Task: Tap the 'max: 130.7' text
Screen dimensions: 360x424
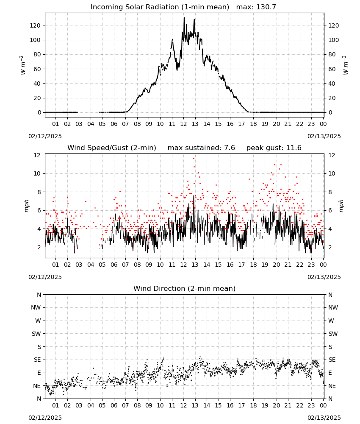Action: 256,7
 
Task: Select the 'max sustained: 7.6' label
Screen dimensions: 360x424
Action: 201,148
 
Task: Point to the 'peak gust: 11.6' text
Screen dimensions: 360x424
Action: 274,148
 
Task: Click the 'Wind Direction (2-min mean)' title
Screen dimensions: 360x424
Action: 185,288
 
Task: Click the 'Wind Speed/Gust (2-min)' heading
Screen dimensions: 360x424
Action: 111,148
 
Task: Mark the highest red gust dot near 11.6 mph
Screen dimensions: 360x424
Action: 194,159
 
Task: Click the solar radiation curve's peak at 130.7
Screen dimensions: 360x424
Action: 184,18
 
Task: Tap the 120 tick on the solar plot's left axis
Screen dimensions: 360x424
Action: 35,25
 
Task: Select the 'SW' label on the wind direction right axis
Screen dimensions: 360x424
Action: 333,334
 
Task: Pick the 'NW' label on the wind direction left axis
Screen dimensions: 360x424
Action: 36,308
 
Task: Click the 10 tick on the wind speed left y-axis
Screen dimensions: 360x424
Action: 37,173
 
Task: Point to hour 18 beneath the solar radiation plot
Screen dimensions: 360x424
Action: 253,124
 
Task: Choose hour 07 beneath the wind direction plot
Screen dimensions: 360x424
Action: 125,406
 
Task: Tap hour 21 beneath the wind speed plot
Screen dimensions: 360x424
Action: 288,265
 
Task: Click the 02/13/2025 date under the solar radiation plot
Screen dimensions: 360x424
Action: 324,136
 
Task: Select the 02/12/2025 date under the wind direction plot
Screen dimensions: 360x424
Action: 45,418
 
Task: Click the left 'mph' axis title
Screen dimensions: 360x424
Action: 26,206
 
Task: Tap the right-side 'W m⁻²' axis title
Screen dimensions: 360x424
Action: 346,65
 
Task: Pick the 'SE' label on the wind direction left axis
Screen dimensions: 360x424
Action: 37,360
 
